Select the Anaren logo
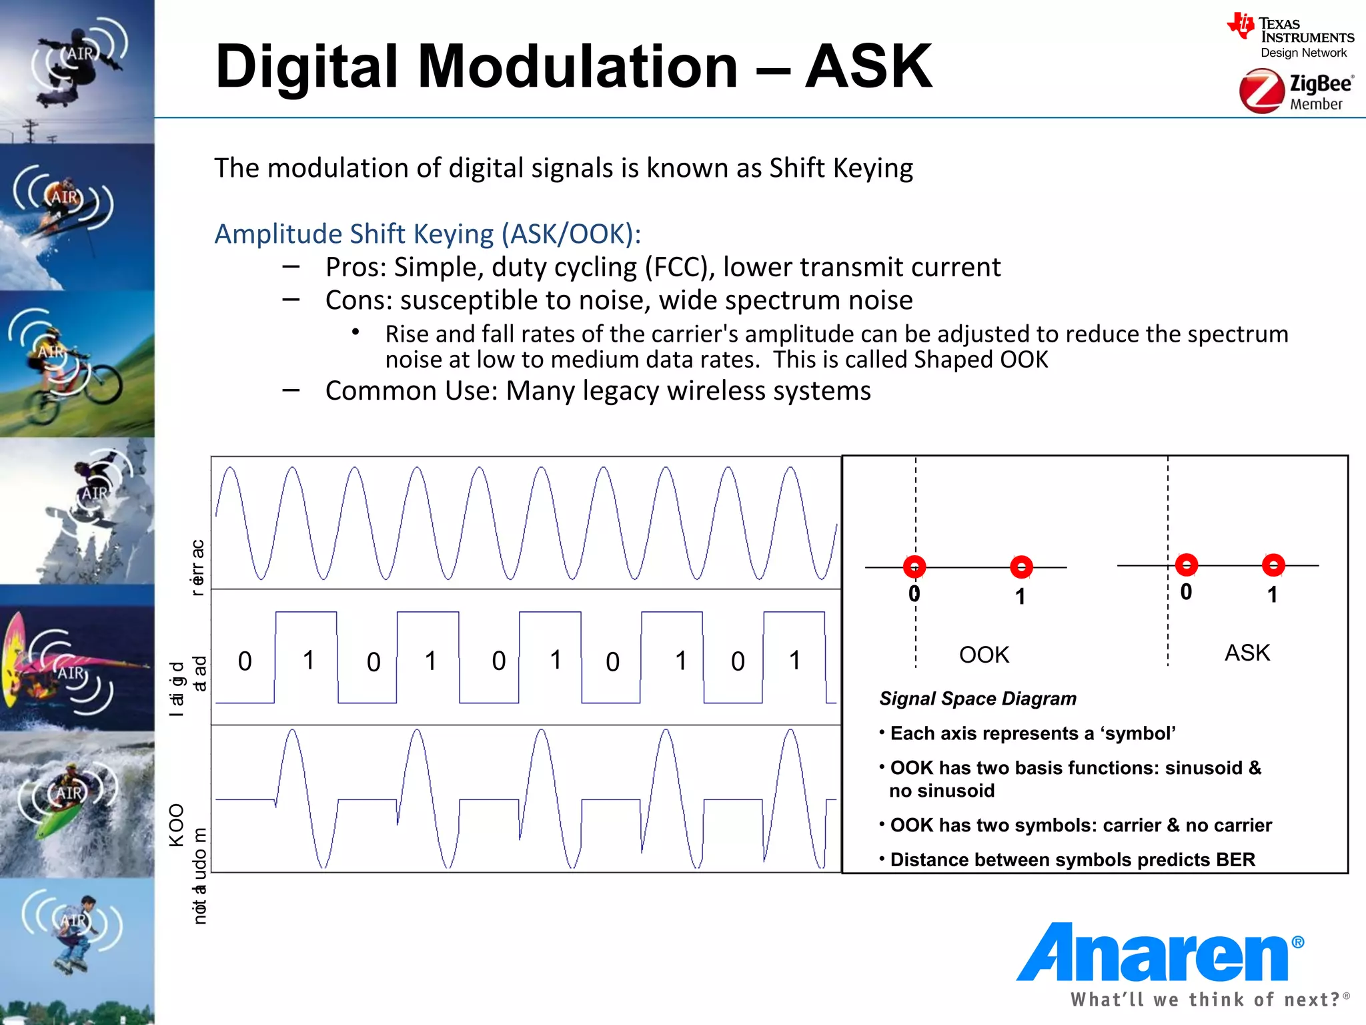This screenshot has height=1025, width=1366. [x=1159, y=954]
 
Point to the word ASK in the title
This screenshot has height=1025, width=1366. [x=868, y=67]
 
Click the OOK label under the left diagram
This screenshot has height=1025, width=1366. [x=984, y=655]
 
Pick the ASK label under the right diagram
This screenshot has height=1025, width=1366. [x=1247, y=653]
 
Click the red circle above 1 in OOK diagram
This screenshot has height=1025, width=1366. [x=1021, y=567]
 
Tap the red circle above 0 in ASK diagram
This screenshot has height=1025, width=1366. [x=1186, y=565]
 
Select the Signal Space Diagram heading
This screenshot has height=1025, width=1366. [x=977, y=699]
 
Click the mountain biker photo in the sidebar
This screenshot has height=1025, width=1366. [x=77, y=364]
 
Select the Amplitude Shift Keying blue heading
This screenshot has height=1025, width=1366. [x=427, y=234]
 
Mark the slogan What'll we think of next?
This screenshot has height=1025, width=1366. [x=1206, y=1000]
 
